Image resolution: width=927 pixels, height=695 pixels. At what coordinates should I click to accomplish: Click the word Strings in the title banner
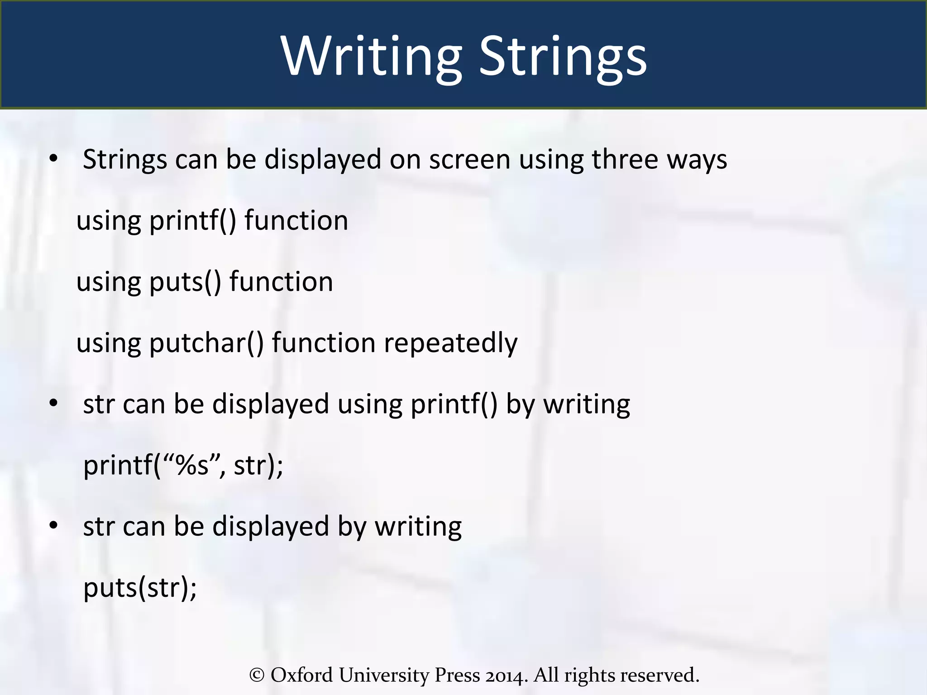[x=563, y=57]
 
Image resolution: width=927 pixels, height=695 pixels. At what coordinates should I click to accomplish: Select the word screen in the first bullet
[x=470, y=159]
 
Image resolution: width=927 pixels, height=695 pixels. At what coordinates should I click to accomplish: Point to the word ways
[x=697, y=160]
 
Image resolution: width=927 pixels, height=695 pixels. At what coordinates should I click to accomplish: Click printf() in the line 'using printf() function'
[x=193, y=221]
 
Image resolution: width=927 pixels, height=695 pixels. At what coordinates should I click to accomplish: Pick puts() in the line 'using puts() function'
[x=185, y=282]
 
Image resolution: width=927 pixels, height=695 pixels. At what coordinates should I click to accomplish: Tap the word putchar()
[x=206, y=343]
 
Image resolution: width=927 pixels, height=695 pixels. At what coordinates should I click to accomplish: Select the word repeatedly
[x=451, y=343]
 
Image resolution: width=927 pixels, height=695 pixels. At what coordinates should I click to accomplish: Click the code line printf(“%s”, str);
[x=183, y=465]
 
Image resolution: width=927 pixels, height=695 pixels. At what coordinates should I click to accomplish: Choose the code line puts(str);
[x=140, y=587]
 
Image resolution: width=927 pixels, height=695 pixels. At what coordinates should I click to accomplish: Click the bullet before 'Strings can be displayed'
[x=54, y=159]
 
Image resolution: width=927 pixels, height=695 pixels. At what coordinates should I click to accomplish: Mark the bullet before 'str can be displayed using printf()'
[x=54, y=403]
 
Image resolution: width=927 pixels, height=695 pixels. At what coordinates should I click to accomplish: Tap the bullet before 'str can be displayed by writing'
[x=54, y=525]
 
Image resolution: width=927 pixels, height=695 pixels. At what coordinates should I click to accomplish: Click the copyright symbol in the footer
[x=257, y=675]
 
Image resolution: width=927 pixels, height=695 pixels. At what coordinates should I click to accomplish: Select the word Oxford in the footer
[x=301, y=675]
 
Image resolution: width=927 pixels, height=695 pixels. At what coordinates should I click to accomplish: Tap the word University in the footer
[x=384, y=675]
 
